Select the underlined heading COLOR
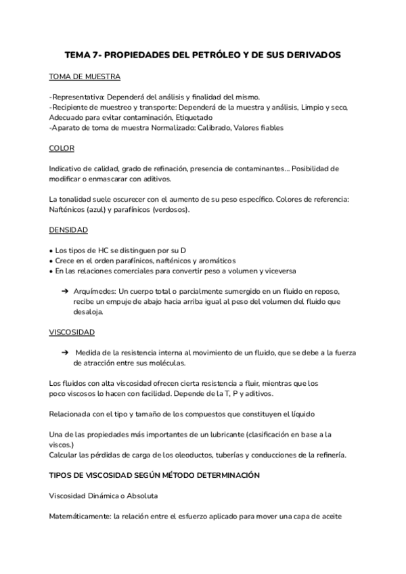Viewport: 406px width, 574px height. (62, 148)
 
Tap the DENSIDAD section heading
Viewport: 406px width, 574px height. (68, 229)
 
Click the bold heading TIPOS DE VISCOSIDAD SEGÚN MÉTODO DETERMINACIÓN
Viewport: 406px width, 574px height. (154, 476)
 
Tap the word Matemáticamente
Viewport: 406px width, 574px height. (81, 516)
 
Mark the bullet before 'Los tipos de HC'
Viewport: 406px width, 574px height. (51, 250)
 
